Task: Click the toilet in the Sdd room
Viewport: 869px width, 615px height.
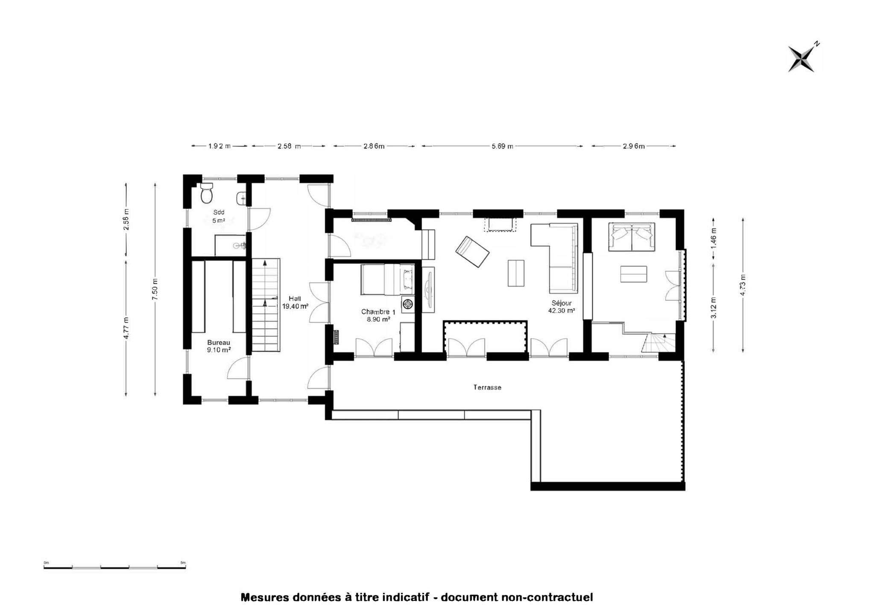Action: pos(207,193)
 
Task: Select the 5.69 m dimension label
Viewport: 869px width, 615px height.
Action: pos(502,146)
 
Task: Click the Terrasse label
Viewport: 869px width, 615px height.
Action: pos(487,387)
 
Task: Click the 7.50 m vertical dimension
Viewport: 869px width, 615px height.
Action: pos(155,289)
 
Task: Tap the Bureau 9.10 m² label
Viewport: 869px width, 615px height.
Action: pos(219,346)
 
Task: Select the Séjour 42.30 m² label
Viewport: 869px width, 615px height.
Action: pos(562,307)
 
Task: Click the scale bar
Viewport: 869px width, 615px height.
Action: pos(114,567)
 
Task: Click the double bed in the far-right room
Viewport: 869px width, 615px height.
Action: pos(632,237)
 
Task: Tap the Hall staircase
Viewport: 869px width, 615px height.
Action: pos(266,305)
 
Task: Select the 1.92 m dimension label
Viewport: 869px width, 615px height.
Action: pos(219,146)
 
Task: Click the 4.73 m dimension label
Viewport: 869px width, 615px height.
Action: pos(743,285)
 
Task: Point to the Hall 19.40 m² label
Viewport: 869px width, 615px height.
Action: pos(295,302)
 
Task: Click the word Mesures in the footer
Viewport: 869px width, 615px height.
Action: pos(265,597)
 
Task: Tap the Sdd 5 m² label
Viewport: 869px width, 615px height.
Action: pos(219,217)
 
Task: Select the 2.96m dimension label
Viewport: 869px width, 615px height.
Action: pos(634,146)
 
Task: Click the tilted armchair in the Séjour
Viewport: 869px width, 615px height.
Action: pos(472,252)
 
